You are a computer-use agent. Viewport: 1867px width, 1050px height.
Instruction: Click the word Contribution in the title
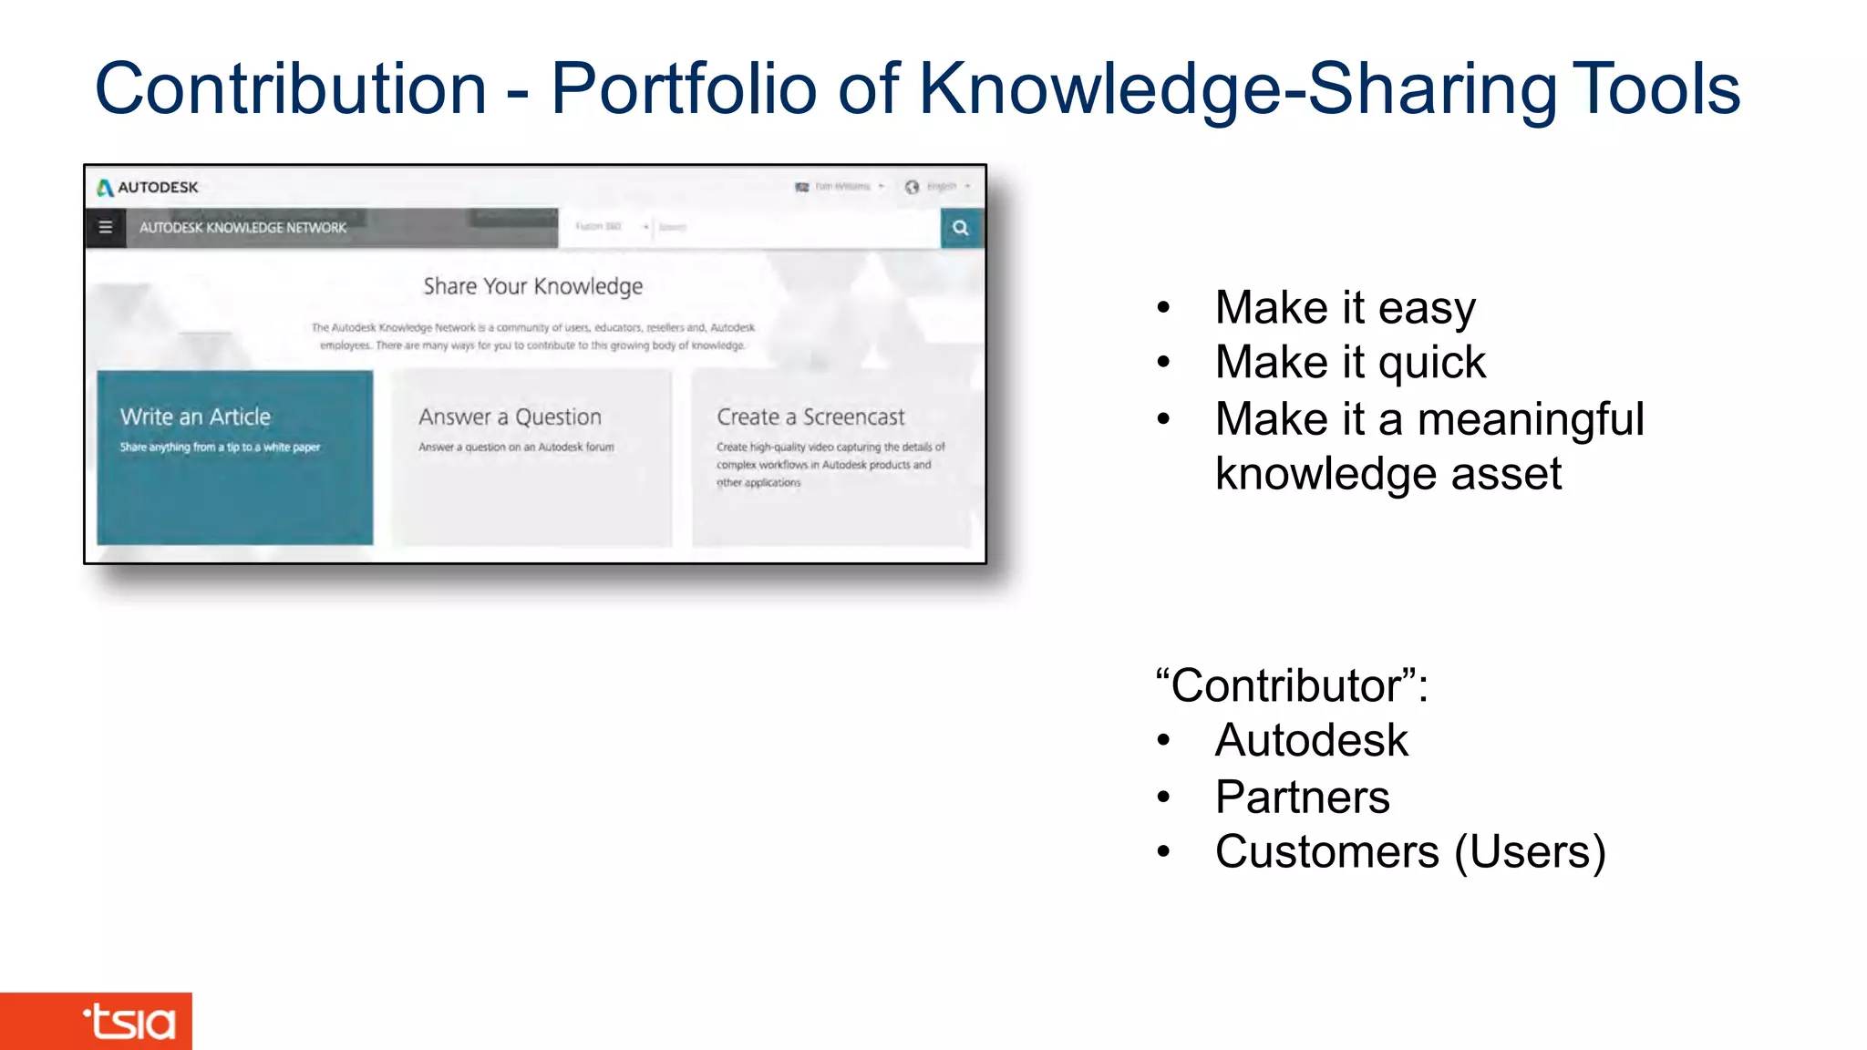291,89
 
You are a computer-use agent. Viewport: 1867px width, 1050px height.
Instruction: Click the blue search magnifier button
961,228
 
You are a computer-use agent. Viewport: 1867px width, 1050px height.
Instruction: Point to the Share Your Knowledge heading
532,286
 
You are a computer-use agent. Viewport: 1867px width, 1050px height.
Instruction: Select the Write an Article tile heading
195,417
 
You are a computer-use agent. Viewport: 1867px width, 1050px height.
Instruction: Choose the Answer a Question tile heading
510,417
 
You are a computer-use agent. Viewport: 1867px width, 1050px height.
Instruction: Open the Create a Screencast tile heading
810,417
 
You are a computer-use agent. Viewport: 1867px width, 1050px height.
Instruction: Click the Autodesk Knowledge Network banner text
242,228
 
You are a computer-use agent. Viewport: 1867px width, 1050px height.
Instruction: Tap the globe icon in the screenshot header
912,187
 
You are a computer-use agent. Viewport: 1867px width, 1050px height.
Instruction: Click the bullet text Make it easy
1345,308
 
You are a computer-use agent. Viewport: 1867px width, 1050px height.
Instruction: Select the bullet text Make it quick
1350,363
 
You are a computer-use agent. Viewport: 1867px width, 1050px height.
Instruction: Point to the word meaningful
1531,419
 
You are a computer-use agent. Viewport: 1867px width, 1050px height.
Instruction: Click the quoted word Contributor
1285,685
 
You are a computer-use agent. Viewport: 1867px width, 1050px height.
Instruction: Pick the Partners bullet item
1302,797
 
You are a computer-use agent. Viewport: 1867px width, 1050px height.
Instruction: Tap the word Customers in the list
1326,852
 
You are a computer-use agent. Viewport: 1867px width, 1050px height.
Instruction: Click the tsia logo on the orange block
129,1022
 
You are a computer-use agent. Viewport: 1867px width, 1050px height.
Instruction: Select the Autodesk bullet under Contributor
1311,740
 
